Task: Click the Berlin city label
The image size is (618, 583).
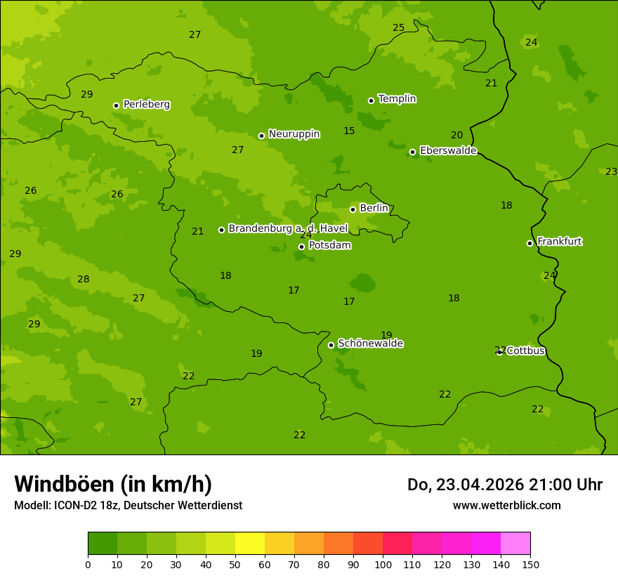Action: (374, 209)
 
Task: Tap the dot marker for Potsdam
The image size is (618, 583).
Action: (301, 247)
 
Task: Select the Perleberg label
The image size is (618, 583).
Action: (146, 105)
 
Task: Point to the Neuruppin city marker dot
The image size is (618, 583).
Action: (261, 136)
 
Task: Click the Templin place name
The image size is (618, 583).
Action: (397, 99)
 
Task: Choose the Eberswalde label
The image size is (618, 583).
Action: (448, 151)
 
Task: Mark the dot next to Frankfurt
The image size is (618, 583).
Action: (530, 243)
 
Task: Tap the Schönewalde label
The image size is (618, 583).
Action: (370, 343)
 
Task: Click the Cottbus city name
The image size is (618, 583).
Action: (525, 351)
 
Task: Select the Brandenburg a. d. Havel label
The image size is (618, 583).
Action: (288, 229)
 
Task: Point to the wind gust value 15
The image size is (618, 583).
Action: (349, 131)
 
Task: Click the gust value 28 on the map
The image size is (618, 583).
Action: (84, 280)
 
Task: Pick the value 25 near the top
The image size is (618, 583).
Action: (398, 28)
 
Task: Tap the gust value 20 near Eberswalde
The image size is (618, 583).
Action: (456, 136)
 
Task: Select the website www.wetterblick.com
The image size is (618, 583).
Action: (506, 506)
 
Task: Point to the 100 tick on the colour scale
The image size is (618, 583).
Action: (383, 564)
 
